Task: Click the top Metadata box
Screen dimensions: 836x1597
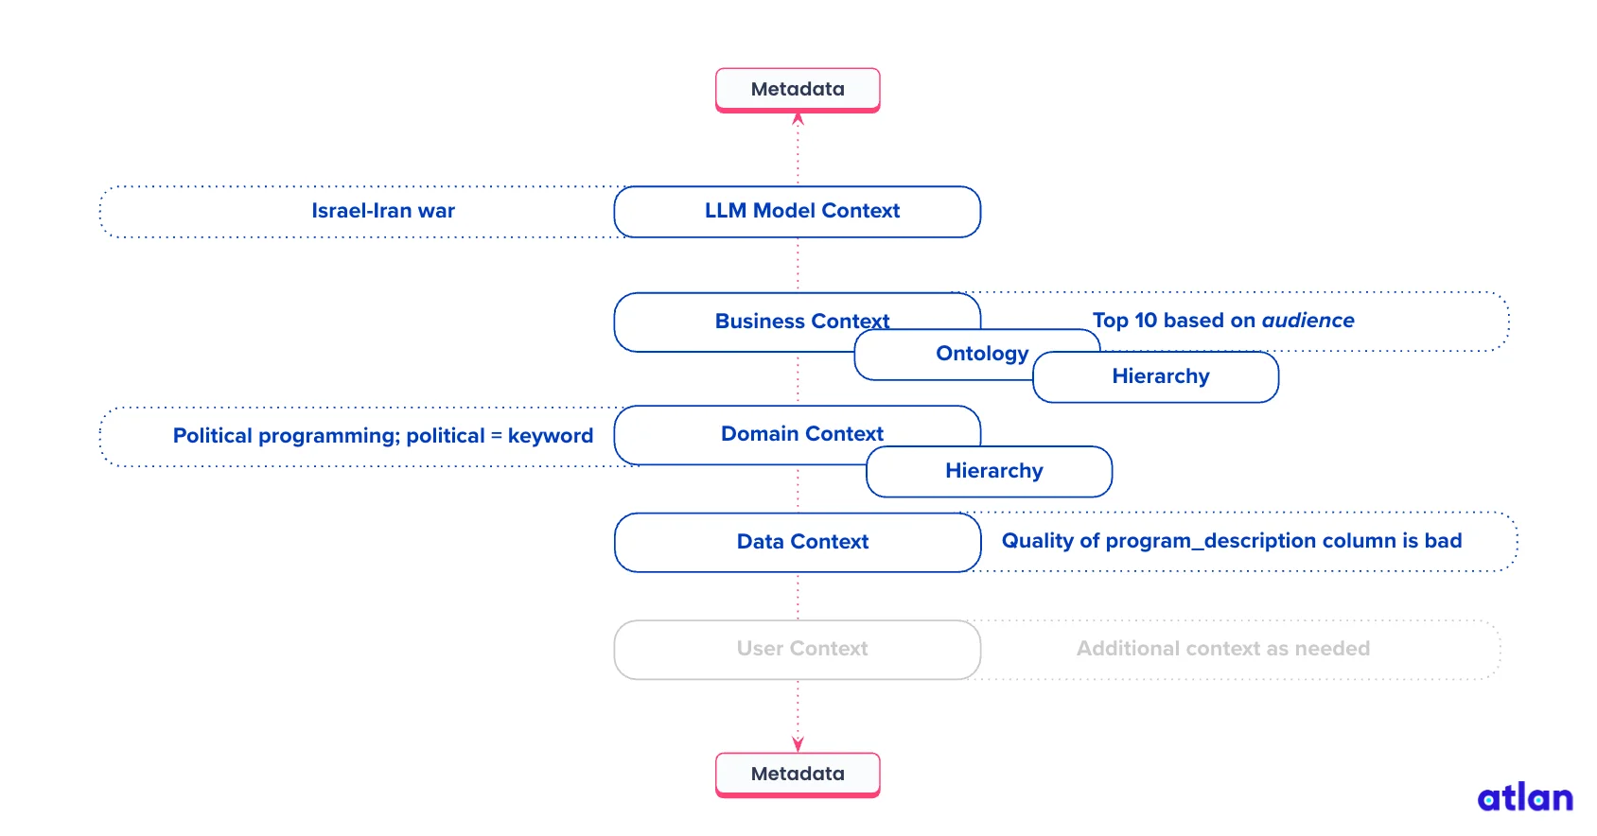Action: click(798, 89)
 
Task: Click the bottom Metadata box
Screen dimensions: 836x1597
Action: click(798, 774)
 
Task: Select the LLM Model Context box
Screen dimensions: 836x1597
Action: click(798, 211)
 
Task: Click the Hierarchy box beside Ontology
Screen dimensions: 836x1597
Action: click(1160, 376)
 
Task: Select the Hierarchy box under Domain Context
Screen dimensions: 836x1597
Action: click(993, 471)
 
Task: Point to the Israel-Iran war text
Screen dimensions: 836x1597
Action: click(383, 211)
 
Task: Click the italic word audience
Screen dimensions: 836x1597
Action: click(1307, 321)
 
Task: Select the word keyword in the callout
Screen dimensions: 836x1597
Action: click(550, 436)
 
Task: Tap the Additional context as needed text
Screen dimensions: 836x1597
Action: click(1222, 649)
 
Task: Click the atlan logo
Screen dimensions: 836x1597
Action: click(1524, 797)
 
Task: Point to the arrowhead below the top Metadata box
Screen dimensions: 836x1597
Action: click(798, 119)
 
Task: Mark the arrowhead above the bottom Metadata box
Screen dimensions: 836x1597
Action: click(798, 744)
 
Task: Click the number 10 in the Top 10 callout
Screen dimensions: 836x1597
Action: click(1146, 321)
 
